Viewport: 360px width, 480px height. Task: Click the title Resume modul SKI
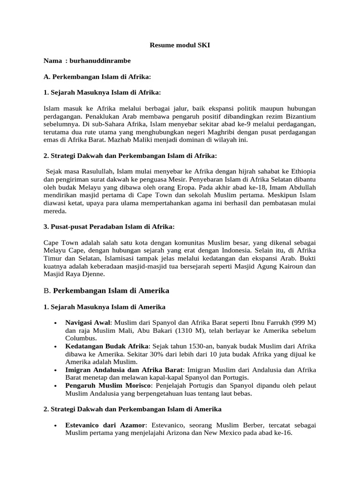[180, 46]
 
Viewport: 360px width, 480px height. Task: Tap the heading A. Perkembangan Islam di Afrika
[97, 76]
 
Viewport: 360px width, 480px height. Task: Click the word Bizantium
[298, 116]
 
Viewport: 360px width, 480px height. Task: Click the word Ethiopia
[300, 170]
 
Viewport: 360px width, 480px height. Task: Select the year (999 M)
[302, 322]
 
